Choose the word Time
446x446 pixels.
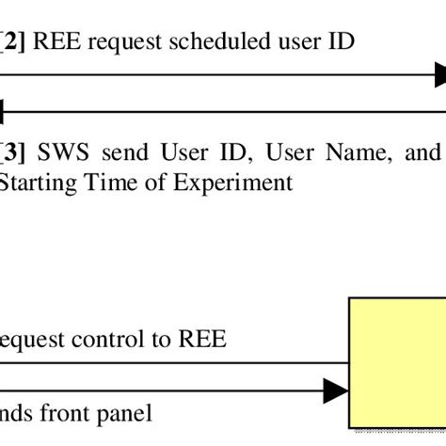(x=104, y=183)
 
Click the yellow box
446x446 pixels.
(x=397, y=366)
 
